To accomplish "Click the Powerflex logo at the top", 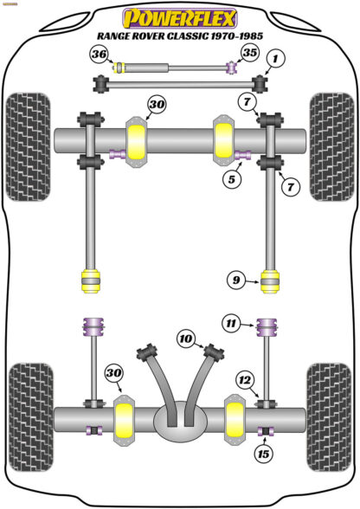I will click(x=180, y=16).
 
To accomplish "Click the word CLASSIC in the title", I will click(x=184, y=36).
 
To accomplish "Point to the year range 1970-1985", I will click(x=237, y=36).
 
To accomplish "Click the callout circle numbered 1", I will click(x=275, y=59).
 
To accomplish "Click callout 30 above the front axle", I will click(x=156, y=106).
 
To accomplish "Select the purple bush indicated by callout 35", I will click(x=231, y=68).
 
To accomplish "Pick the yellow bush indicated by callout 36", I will click(x=122, y=68).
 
